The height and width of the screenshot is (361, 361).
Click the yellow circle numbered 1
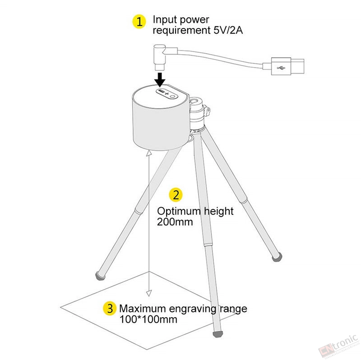point(139,22)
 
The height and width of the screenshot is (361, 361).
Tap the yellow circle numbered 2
point(176,195)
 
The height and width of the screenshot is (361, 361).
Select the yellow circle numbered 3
point(110,308)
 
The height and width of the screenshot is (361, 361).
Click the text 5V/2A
point(228,30)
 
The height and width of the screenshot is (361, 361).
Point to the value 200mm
point(175,222)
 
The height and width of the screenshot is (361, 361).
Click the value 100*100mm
point(148,319)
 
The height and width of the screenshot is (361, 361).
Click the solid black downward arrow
point(160,79)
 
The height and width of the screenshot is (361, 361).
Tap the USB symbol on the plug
point(281,68)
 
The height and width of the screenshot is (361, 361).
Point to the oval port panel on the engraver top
point(167,94)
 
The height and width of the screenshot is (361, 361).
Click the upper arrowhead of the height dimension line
point(149,153)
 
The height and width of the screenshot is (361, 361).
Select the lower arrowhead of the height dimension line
point(149,293)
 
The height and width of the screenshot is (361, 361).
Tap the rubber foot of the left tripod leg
point(100,276)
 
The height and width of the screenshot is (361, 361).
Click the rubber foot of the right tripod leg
point(277,257)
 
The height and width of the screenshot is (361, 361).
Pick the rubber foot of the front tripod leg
point(218,334)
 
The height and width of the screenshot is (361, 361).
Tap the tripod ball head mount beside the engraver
point(199,113)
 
